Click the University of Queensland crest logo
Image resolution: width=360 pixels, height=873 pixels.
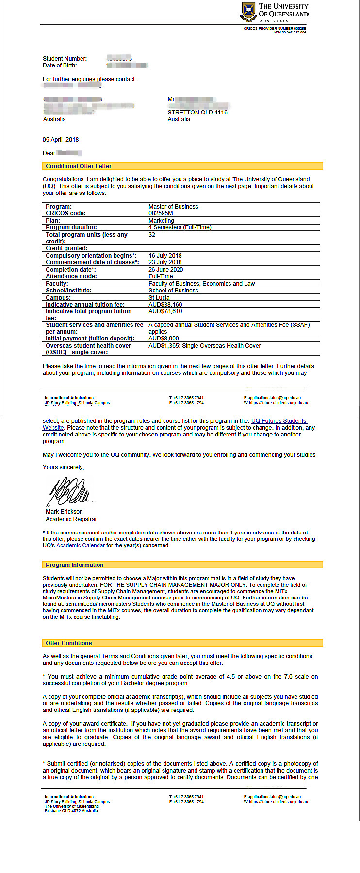pos(248,12)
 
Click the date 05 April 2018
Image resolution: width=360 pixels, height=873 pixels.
pos(61,140)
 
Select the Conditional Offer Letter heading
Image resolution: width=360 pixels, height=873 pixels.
pos(79,166)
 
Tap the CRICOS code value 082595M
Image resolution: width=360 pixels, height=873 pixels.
pos(161,213)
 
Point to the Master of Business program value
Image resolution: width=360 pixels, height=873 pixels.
pos(173,207)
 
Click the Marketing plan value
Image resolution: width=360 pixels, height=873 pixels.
pos(161,221)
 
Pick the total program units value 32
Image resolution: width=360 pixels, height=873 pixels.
pos(152,235)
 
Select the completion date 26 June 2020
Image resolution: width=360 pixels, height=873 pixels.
pos(166,270)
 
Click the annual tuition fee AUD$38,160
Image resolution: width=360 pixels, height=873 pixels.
pos(165,305)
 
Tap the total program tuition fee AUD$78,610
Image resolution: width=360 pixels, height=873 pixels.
pos(165,311)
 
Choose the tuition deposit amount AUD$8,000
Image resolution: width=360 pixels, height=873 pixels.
pos(164,339)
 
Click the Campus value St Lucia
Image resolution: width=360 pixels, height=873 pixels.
pos(159,298)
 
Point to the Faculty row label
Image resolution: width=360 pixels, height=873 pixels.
pos(57,284)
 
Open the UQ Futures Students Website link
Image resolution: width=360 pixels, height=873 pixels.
pos(278,421)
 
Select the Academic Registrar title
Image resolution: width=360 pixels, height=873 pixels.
pos(71,519)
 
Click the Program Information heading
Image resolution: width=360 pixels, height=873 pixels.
pos(75,565)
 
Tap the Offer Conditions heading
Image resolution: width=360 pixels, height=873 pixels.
pos(69,643)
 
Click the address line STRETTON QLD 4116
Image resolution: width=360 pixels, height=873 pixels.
pos(197,113)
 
